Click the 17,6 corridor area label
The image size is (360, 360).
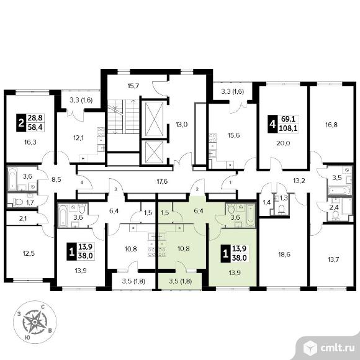(162, 182)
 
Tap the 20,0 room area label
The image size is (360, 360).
(283, 143)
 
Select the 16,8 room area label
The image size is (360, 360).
(331, 125)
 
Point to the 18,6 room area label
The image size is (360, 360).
(284, 254)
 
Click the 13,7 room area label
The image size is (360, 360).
(333, 260)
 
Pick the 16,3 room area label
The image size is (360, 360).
(30, 142)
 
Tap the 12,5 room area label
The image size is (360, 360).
(29, 253)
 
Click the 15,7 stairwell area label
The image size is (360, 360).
(133, 86)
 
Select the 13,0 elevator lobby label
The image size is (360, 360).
(182, 125)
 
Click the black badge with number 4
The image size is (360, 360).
(272, 124)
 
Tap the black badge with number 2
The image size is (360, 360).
(21, 123)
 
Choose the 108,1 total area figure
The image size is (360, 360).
(288, 128)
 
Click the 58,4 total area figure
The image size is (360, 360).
(35, 127)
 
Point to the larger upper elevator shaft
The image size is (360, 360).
(155, 120)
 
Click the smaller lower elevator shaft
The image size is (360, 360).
(155, 152)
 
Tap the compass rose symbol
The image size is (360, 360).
(35, 322)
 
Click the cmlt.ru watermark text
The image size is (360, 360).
(337, 348)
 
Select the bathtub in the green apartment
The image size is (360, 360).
(251, 215)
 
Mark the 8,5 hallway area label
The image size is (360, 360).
(56, 179)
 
